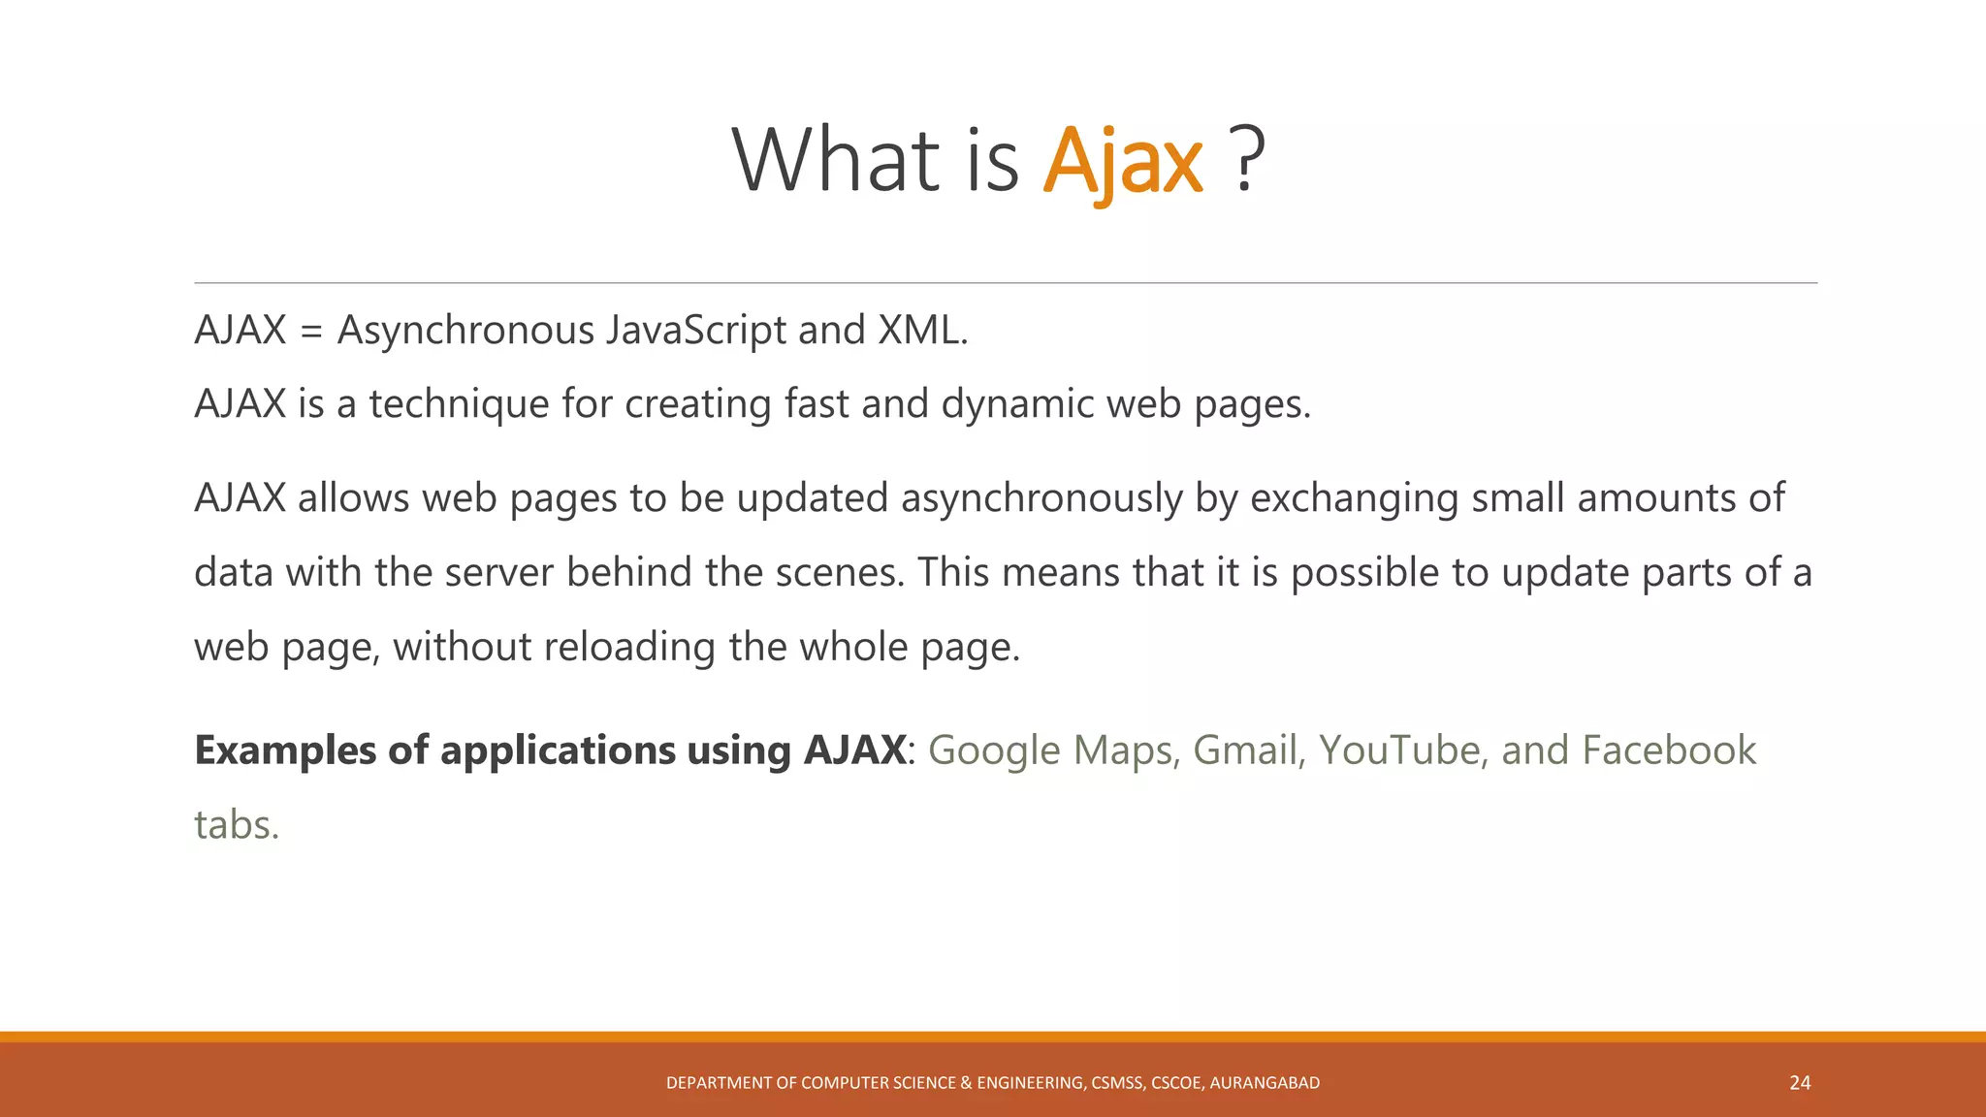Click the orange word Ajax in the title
[x=1123, y=162]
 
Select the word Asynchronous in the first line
[x=465, y=331]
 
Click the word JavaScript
[x=696, y=331]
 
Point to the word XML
[x=921, y=331]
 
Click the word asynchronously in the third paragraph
[x=1041, y=499]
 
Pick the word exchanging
[x=1354, y=499]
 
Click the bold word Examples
[x=285, y=751]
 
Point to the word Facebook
[x=1668, y=750]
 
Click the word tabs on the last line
[x=236, y=825]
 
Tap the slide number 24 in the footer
[x=1800, y=1083]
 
